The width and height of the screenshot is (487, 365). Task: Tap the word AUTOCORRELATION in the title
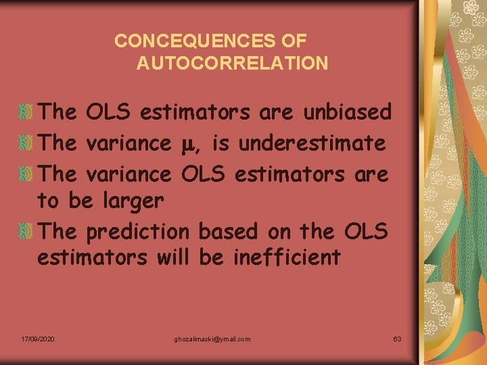pos(232,64)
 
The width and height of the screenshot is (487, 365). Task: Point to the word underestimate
pos(312,143)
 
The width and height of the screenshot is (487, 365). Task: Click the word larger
pos(133,201)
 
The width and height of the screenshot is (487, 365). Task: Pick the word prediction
pos(138,231)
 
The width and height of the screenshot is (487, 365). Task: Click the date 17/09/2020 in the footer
pos(38,338)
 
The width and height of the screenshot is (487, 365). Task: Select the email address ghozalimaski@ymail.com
pos(212,338)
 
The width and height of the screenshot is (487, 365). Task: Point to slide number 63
pos(397,338)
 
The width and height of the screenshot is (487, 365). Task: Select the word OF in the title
pos(294,41)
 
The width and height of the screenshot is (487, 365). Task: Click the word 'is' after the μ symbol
pos(221,143)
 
